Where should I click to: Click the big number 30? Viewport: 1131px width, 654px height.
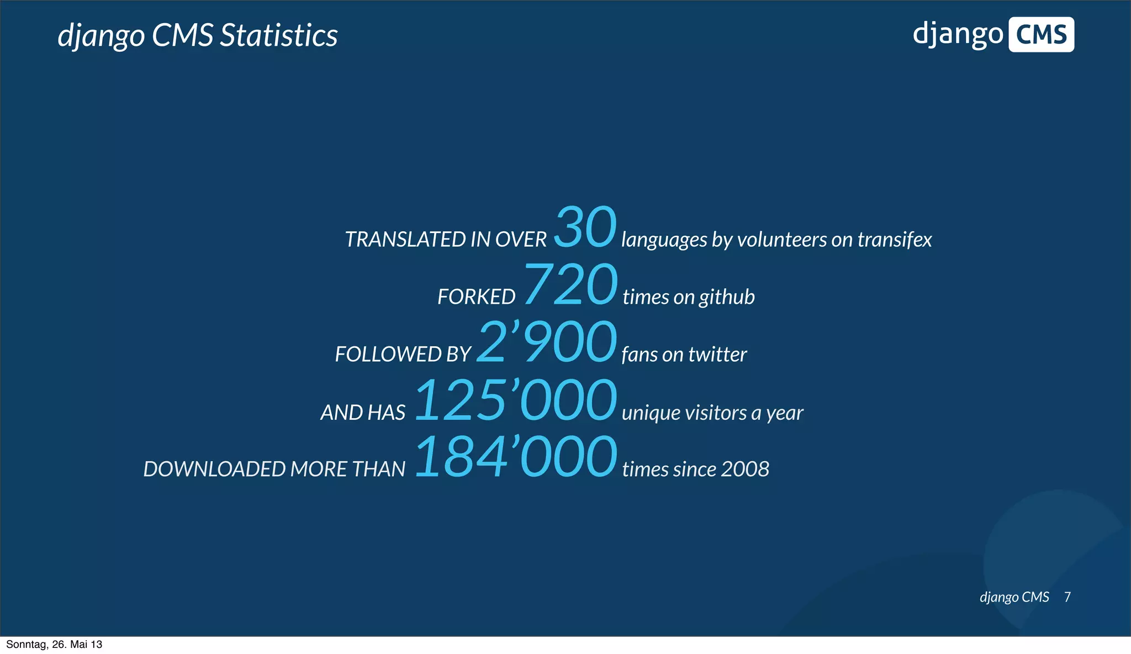click(x=585, y=227)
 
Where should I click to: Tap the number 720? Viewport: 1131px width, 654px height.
click(x=570, y=284)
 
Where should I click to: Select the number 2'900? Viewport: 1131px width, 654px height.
click(x=546, y=342)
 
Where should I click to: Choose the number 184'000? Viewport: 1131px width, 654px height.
click(x=515, y=457)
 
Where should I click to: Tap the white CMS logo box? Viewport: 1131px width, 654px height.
click(x=1041, y=35)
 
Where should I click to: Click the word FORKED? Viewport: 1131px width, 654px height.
click(x=476, y=297)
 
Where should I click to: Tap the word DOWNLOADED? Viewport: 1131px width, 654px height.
click(x=214, y=469)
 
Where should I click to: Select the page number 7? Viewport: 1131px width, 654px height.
click(x=1067, y=597)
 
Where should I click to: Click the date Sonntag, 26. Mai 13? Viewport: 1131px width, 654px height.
click(x=54, y=645)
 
